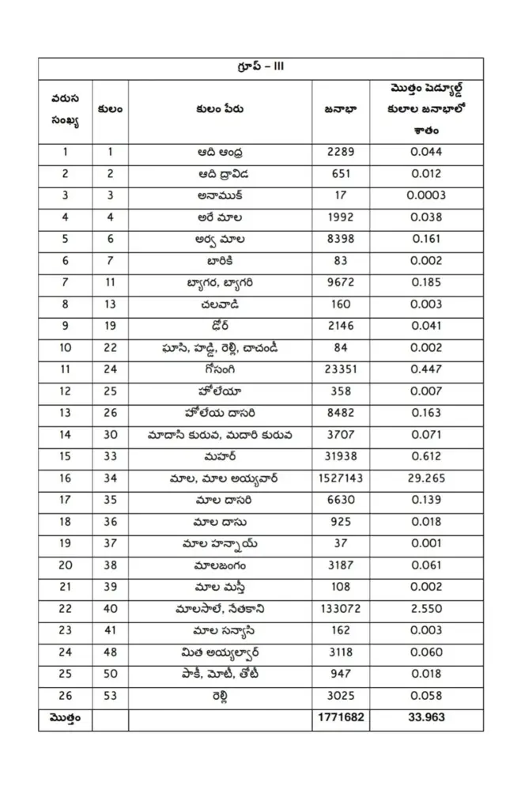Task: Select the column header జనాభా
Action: (340, 109)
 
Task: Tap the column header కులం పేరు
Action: (221, 109)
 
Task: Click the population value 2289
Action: (340, 153)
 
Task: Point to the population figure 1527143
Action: (340, 478)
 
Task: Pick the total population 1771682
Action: (340, 718)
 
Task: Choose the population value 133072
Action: (340, 609)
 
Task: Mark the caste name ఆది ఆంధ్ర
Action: (221, 153)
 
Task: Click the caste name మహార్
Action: (221, 457)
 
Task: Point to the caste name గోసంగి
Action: (221, 369)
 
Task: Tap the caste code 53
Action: (110, 696)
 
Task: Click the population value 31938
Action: (340, 457)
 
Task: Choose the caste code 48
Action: (110, 652)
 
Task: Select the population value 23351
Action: (340, 369)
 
